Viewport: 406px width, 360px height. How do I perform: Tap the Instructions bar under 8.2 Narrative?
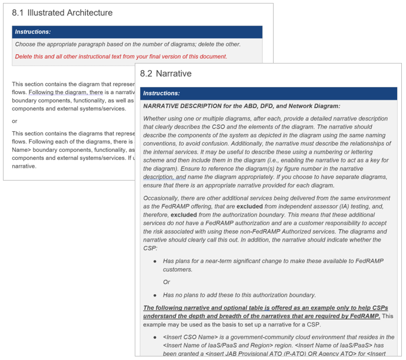point(268,94)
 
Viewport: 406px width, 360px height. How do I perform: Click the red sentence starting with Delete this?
point(121,56)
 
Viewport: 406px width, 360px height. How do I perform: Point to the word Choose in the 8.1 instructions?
point(25,44)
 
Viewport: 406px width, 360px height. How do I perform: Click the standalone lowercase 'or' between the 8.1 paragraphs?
point(15,121)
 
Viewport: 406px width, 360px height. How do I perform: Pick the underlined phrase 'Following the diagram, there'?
point(65,92)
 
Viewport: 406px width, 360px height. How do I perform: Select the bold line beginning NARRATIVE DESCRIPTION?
point(241,106)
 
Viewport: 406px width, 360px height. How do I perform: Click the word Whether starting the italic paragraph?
point(155,118)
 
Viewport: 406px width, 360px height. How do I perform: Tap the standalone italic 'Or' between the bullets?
point(167,282)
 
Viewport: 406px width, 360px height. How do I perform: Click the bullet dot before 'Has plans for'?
point(155,261)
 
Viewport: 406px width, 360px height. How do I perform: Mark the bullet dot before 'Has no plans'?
point(155,295)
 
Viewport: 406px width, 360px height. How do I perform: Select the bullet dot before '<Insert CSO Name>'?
point(155,337)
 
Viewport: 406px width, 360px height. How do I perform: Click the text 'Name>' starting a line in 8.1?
point(21,150)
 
